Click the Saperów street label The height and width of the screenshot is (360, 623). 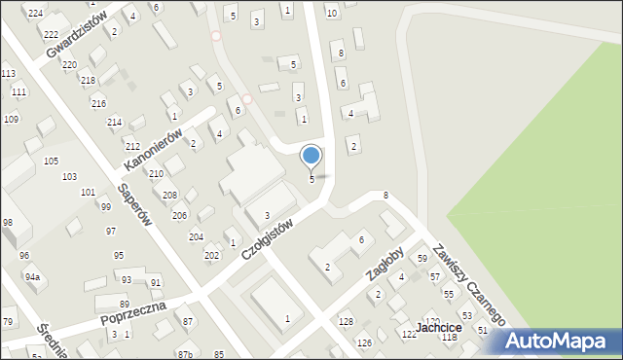coord(134,205)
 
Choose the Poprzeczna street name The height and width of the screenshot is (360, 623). coord(132,312)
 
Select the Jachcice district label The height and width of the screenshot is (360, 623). coord(438,328)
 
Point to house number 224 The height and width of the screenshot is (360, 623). coord(36,13)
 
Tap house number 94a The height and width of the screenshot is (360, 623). coord(33,277)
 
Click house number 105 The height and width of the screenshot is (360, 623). coord(51,161)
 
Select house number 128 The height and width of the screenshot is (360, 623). coord(346,321)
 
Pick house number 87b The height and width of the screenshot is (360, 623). coord(185,353)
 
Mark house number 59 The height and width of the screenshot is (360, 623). coord(422,259)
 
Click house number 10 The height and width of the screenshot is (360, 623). coord(332,13)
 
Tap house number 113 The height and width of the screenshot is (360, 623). coord(8,74)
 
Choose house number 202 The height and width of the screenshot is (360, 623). coord(211,255)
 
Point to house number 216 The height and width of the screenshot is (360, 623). coord(98,103)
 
